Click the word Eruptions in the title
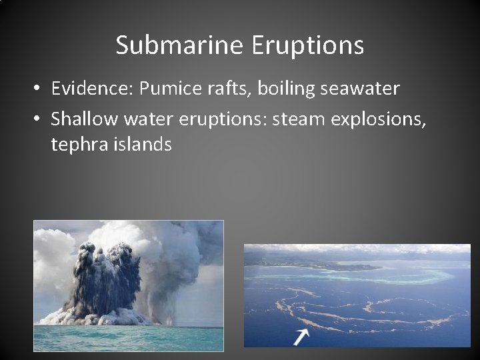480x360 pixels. pos(308,45)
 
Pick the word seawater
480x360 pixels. pos(369,89)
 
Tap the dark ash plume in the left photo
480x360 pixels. pos(107,280)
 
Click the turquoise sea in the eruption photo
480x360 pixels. pos(127,337)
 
